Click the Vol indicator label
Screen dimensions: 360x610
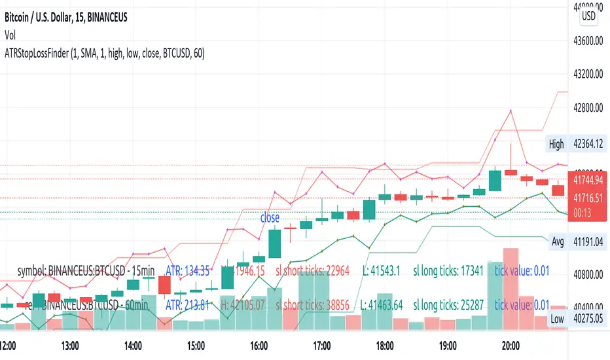[x=10, y=36]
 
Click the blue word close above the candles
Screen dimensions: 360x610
[x=270, y=218]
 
